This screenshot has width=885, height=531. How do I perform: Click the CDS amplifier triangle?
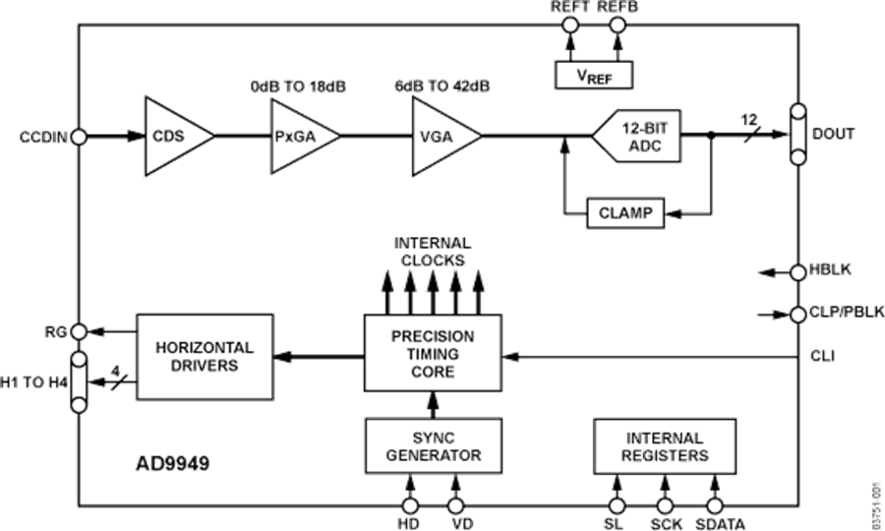[x=174, y=137]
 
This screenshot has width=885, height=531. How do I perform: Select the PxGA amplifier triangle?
[x=300, y=138]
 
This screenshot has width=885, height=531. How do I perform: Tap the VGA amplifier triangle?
[x=442, y=138]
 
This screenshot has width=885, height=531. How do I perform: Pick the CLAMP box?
[x=624, y=212]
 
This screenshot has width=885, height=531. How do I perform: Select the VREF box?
[x=593, y=74]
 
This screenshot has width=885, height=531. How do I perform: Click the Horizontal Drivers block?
[x=204, y=357]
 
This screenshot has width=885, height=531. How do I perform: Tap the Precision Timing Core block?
[x=432, y=353]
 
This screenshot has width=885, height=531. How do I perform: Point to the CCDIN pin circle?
[x=78, y=137]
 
